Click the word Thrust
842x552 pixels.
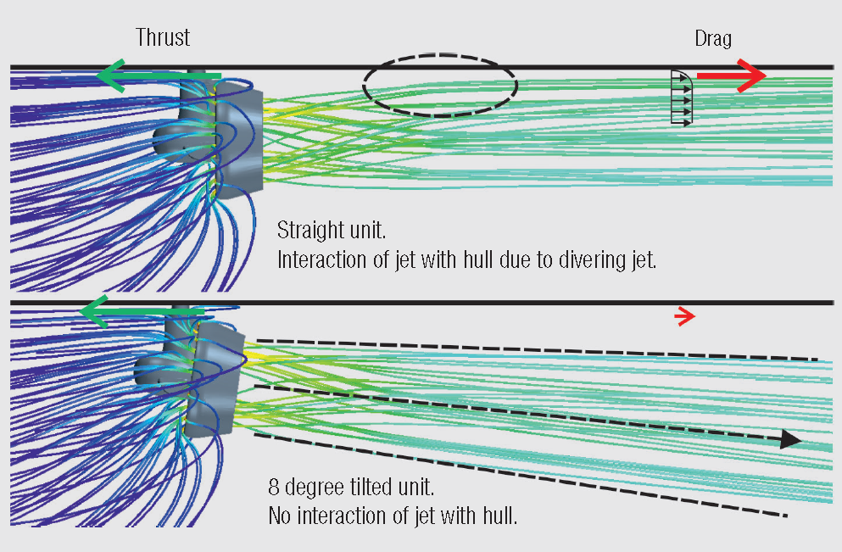[x=163, y=37]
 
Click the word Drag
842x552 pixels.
[x=712, y=38]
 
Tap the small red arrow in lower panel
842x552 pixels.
[x=684, y=317]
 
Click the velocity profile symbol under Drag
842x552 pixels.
[x=682, y=98]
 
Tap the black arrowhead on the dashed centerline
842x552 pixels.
[x=789, y=439]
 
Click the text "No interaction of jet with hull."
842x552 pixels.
[x=392, y=515]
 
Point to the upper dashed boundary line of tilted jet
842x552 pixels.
[x=534, y=349]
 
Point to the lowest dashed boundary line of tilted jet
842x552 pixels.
[x=517, y=475]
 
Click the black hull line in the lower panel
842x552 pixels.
[x=509, y=302]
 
